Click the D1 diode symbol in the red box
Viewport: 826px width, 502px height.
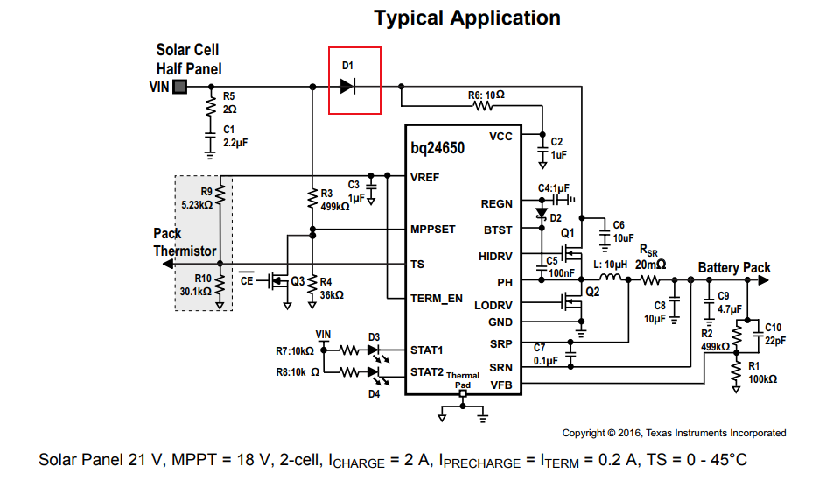tap(347, 86)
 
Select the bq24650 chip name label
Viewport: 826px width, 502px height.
tap(437, 148)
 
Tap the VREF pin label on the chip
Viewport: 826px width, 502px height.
tap(426, 177)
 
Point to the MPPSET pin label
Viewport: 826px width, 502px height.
tap(433, 230)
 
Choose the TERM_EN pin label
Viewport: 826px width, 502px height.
tap(437, 299)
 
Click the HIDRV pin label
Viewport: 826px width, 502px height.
tap(496, 256)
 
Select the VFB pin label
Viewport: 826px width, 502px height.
tap(502, 385)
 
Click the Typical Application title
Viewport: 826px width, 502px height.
tap(467, 18)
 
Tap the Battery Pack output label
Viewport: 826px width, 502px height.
tap(734, 268)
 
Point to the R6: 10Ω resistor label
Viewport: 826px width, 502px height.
tap(486, 94)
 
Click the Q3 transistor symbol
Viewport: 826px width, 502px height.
tap(281, 281)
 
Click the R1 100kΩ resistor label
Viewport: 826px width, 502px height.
tap(759, 372)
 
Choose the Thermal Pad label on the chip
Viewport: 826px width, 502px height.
tap(463, 379)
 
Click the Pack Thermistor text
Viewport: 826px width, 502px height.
tap(185, 243)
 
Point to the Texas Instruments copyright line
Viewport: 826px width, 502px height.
tap(673, 433)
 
